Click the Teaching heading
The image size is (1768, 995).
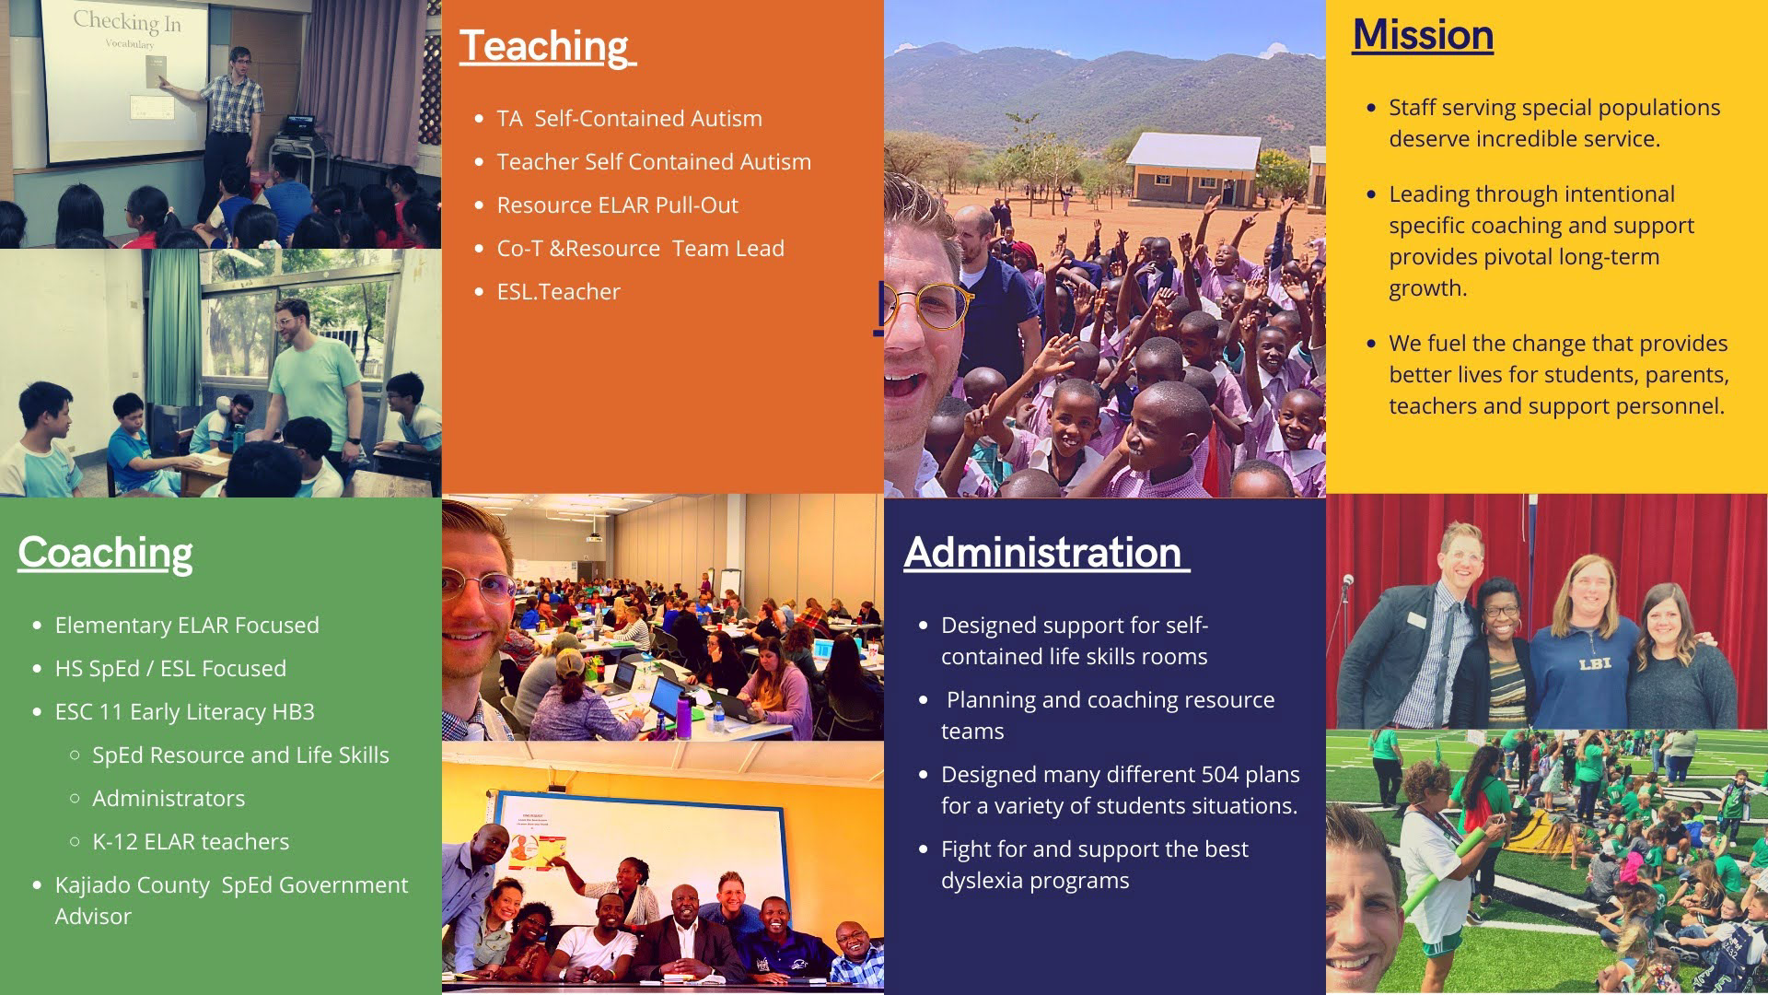pos(548,46)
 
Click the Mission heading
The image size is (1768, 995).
pos(1423,35)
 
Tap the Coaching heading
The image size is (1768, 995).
pos(105,553)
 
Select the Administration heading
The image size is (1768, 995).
pos(1047,553)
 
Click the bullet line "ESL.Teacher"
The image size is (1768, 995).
pos(558,292)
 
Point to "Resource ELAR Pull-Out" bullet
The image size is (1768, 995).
pos(617,205)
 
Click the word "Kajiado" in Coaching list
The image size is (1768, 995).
pos(93,885)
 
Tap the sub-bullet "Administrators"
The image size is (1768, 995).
pos(169,799)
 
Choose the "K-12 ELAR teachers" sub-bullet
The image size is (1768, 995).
pos(191,842)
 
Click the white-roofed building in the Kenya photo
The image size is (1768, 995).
pos(1193,168)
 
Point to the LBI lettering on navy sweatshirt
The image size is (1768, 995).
pos(1595,663)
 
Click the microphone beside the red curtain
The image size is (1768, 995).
pos(1347,584)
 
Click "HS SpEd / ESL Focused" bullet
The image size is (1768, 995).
pos(170,669)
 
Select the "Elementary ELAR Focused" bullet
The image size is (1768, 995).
pos(187,626)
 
